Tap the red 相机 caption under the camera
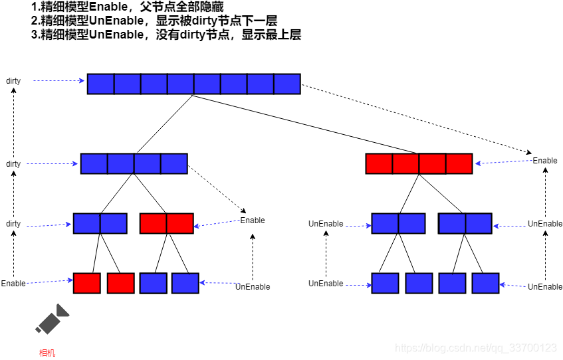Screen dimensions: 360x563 [47, 353]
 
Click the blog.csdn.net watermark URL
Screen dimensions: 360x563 [475, 348]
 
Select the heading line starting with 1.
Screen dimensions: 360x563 [132, 7]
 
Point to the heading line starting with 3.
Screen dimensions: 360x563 [166, 35]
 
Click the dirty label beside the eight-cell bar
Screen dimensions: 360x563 [13, 81]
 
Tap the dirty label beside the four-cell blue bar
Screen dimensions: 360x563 [13, 164]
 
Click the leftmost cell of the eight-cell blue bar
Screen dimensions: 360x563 [101, 84]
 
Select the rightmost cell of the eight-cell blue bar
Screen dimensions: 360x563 [287, 84]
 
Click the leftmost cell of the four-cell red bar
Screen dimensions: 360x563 [379, 163]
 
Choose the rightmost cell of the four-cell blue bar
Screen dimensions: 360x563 [174, 163]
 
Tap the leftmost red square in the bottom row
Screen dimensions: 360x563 [87, 283]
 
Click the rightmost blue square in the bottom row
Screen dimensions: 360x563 [485, 283]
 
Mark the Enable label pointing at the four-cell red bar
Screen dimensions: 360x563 [545, 161]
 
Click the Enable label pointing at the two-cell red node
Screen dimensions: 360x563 [253, 221]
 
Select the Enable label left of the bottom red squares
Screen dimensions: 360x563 [13, 284]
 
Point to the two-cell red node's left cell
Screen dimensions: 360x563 [154, 223]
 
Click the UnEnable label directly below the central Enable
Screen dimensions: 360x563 [253, 287]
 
